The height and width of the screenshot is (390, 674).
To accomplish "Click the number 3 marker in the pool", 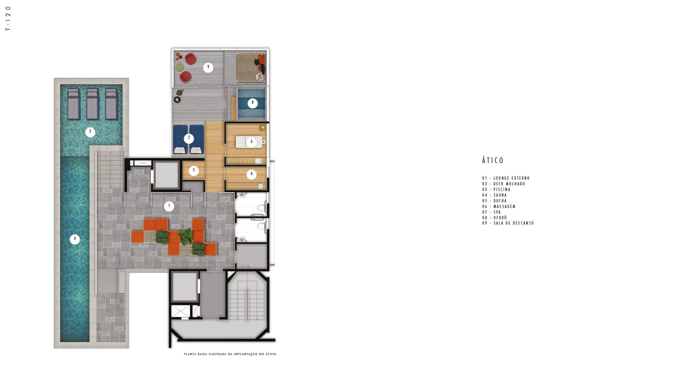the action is (75, 239).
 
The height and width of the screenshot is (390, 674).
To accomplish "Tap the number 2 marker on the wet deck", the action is (90, 132).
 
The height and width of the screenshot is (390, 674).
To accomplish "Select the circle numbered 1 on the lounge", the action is (169, 206).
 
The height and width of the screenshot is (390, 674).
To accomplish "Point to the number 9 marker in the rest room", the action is (208, 67).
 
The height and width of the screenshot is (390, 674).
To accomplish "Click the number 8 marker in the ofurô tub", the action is (252, 103).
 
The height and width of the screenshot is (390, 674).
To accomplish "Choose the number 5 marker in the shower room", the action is (194, 171).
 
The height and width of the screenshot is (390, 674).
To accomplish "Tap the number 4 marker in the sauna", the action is (251, 174).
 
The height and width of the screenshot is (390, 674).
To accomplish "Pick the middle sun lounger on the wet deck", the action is (92, 103).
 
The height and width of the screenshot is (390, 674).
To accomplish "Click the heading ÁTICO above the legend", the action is (492, 160).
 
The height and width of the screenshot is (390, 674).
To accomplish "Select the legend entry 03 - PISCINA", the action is (496, 190).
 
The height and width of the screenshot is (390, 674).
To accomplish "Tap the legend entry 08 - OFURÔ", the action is (495, 218).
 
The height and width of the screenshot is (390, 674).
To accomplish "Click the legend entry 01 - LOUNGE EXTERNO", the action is (506, 178).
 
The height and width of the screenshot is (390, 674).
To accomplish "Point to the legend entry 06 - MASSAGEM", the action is (499, 206).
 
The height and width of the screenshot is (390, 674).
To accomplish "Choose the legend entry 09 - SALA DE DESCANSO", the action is (508, 223).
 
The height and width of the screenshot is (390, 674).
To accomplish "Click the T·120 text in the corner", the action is (8, 18).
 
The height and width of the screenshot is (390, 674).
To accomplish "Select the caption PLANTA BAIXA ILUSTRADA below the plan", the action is (209, 354).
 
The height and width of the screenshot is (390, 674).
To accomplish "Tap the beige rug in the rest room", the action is (251, 67).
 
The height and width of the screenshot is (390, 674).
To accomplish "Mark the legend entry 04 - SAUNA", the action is (495, 195).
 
